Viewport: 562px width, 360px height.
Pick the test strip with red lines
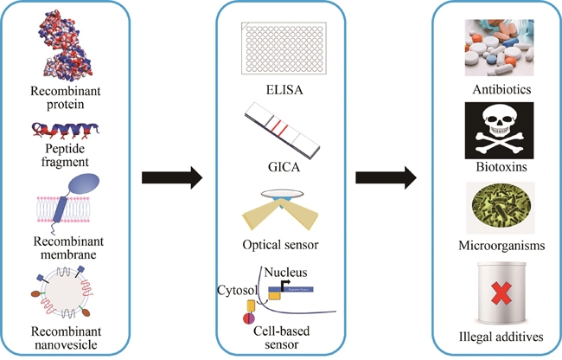282,128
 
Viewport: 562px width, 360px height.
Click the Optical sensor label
282,245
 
